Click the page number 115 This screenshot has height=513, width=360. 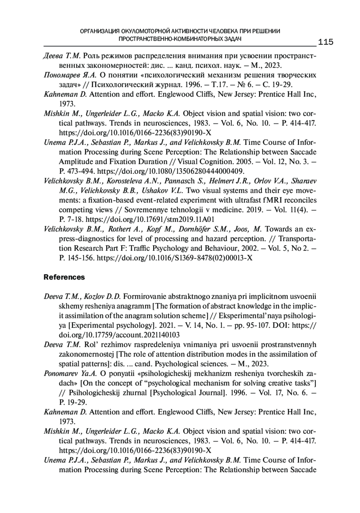325,42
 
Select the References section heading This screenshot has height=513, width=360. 64,277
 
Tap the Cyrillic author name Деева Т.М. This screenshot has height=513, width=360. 61,56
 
